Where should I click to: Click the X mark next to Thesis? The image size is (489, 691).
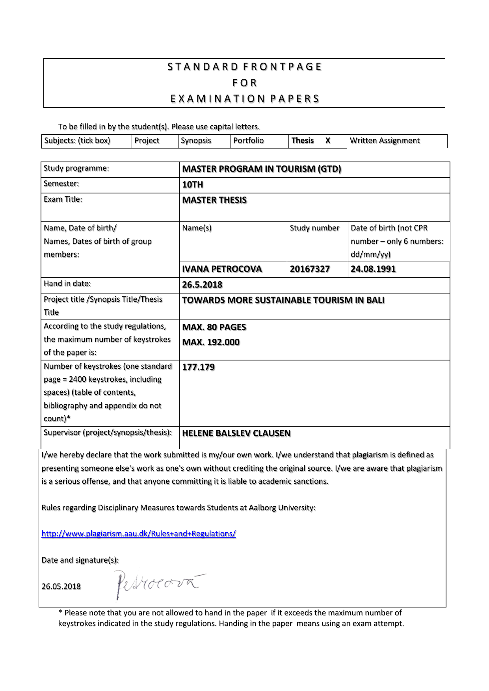coord(328,141)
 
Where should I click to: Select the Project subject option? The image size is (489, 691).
coord(147,141)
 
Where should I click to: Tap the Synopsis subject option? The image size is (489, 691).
coord(196,141)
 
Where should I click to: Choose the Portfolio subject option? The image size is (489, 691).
coord(248,141)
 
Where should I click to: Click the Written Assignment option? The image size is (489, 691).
coord(385,141)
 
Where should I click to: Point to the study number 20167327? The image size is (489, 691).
coord(310,269)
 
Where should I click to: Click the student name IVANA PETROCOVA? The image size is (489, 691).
coord(222,269)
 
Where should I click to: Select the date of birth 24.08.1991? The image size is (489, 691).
coord(373,269)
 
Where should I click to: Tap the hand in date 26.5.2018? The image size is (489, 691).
coord(202,285)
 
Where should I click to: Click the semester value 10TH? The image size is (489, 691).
coord(193,185)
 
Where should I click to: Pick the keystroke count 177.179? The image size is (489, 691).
coord(198,367)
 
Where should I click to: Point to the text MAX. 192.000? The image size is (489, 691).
coord(211,342)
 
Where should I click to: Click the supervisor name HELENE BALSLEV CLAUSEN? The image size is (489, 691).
coord(236,433)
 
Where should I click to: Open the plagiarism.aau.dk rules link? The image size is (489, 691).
coord(139,534)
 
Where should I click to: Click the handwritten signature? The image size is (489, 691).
coord(158,584)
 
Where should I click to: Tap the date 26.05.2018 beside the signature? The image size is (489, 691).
coord(61,587)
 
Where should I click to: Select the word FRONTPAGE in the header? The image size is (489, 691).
coord(283,67)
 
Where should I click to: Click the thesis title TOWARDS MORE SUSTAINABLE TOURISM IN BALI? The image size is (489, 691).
coord(283,300)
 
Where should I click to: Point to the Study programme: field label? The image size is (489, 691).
coord(76,168)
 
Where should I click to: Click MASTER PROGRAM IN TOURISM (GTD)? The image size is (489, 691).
coord(262,169)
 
